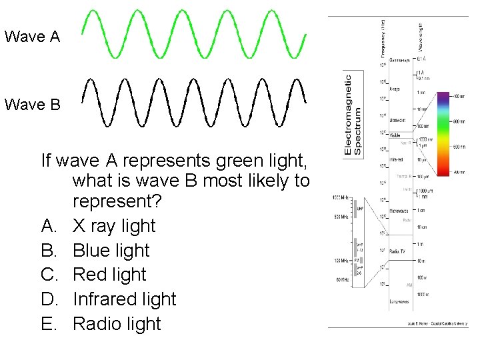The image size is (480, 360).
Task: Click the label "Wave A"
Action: (32, 36)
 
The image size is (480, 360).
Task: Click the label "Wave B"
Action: (32, 105)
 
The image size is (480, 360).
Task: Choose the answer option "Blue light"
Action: (111, 251)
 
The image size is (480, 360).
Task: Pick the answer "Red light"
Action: (109, 275)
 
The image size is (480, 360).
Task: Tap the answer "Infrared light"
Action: (124, 299)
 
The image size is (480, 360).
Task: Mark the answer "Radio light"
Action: (117, 324)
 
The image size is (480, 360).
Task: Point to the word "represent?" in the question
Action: (113, 201)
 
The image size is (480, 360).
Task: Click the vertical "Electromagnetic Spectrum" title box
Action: (353, 114)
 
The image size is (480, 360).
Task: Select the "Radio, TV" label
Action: (399, 251)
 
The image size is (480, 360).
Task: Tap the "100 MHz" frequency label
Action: (339, 259)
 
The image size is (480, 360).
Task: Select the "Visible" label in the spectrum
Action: (395, 135)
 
